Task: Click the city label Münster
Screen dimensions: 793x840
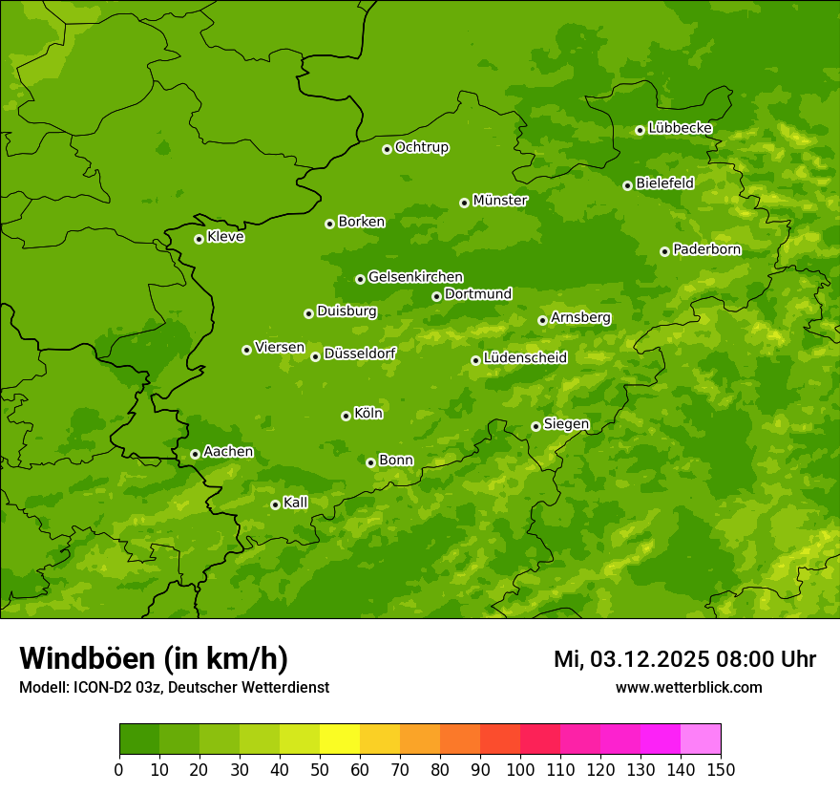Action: pos(500,201)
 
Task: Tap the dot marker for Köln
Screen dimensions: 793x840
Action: pos(346,416)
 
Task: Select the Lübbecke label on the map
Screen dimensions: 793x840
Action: pos(680,128)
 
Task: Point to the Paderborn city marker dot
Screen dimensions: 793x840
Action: pos(664,251)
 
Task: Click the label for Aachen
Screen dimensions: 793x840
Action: pos(228,452)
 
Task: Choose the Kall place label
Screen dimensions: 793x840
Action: pos(296,503)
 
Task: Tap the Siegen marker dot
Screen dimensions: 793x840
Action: pos(535,426)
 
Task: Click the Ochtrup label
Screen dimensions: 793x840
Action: pos(421,147)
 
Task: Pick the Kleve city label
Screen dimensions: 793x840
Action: pos(225,237)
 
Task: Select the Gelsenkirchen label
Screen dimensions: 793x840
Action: pos(415,277)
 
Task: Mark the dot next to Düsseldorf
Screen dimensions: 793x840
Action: pos(315,356)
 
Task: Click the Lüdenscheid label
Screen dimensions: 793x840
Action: pos(525,358)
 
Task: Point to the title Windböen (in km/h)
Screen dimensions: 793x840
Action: pos(154,658)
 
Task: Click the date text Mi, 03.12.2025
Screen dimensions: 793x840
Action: pos(630,659)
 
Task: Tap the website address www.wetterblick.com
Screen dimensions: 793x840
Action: pos(688,687)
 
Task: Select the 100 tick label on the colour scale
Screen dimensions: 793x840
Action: pos(520,769)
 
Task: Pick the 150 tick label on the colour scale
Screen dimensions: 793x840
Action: pos(721,769)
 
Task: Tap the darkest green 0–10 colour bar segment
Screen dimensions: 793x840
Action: pos(139,739)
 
